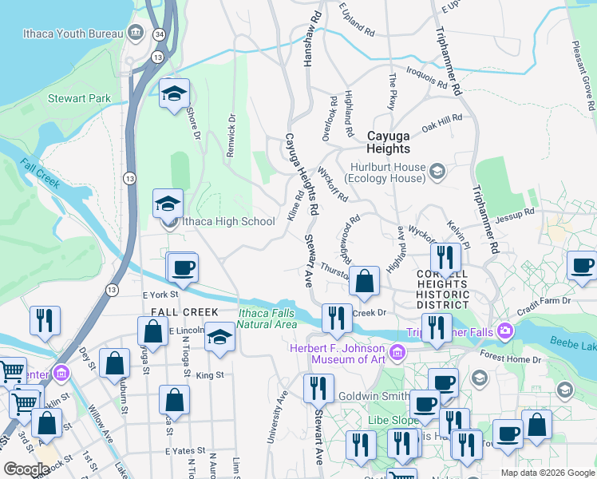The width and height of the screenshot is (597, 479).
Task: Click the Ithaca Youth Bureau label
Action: coord(77,34)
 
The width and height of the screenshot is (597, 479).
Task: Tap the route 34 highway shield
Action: coord(160,34)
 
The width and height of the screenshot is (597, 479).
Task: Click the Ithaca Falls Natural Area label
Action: coord(267,319)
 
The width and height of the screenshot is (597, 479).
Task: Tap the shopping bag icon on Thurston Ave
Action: coord(364,281)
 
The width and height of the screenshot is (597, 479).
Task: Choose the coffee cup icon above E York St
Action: coord(183,267)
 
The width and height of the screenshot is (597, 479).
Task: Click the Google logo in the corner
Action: coord(26,469)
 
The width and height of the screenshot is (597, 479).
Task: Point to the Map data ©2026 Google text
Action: coord(548,473)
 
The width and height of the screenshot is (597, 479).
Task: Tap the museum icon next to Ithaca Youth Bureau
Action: coord(136,34)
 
